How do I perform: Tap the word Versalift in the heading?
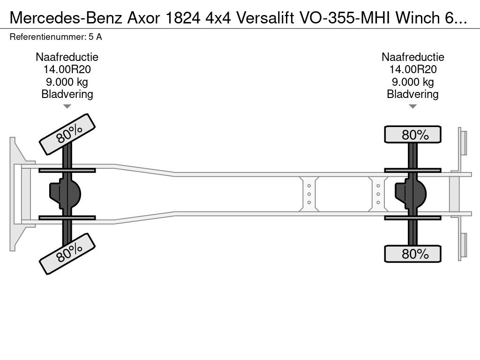[x=265, y=18]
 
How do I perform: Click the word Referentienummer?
[x=48, y=37]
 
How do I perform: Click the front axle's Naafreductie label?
[x=67, y=57]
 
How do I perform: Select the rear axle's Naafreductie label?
[x=412, y=57]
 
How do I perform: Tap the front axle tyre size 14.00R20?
[x=67, y=69]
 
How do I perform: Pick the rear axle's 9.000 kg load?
[x=412, y=82]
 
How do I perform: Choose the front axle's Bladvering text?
[x=67, y=94]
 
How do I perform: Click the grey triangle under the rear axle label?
[x=412, y=106]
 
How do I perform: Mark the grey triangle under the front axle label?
[x=67, y=106]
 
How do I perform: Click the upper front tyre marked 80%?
[x=67, y=135]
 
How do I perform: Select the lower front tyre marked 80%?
[x=67, y=254]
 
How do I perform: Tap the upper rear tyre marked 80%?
[x=412, y=135]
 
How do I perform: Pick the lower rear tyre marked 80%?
[x=412, y=254]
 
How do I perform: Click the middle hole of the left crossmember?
[x=309, y=194]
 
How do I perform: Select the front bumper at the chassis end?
[x=13, y=194]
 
